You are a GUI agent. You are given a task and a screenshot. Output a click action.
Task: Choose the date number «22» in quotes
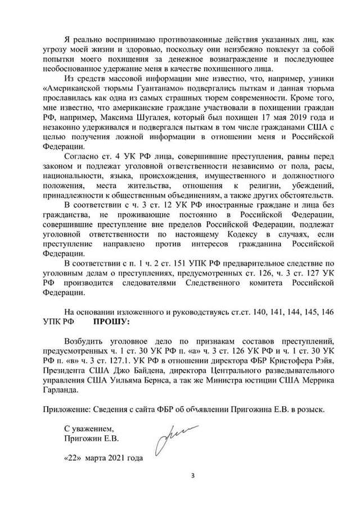(73, 457)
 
